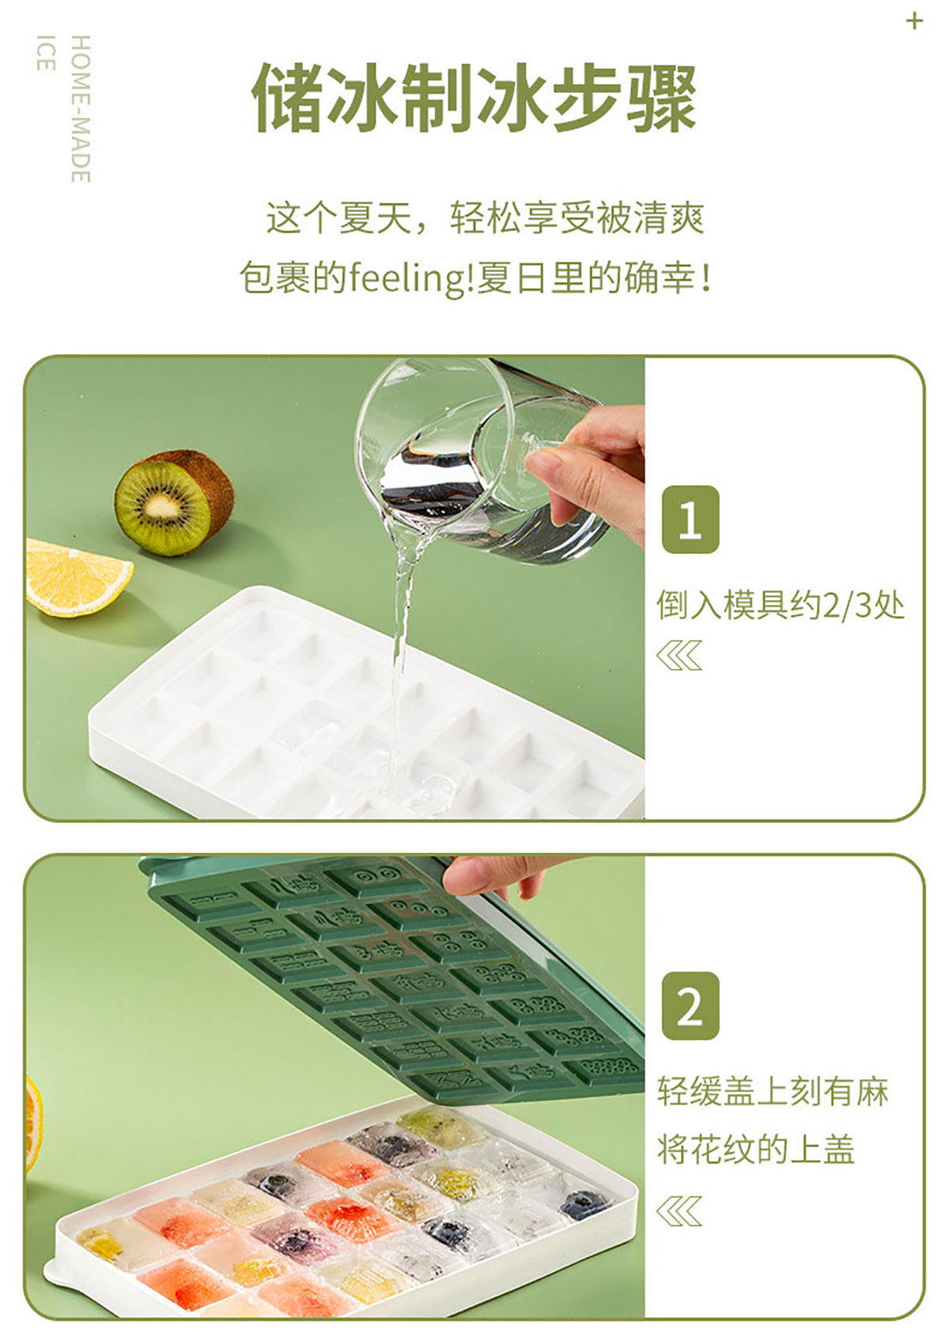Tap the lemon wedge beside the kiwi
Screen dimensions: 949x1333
[x=78, y=577]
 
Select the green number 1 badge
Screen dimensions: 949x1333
[x=690, y=519]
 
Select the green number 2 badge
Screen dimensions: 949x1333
[x=690, y=1006]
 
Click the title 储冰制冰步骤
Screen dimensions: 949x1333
[x=474, y=98]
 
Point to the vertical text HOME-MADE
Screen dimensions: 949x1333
[x=81, y=108]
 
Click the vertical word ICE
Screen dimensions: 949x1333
[x=46, y=53]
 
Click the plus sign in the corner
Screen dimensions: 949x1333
[x=914, y=22]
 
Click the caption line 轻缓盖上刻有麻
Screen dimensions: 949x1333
[x=773, y=1091]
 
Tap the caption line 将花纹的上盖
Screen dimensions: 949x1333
[x=755, y=1149]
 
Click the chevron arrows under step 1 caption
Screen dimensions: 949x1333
[x=679, y=655]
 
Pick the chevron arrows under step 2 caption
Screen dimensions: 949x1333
[x=679, y=1211]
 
